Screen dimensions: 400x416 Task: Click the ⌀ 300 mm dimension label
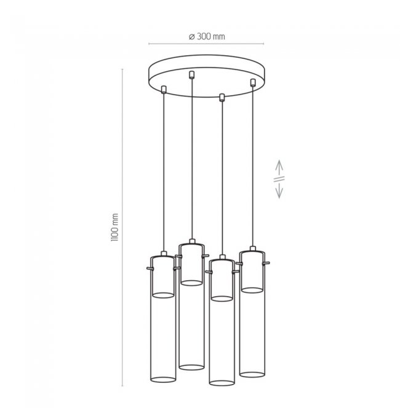click(207, 36)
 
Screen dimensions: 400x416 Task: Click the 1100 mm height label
click(114, 227)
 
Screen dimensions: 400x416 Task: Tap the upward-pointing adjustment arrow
click(279, 168)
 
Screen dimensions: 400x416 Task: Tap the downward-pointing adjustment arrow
click(279, 190)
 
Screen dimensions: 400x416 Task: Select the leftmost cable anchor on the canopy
click(164, 90)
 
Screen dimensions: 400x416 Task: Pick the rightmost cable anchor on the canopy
click(253, 82)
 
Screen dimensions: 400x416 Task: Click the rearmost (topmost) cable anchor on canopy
click(191, 75)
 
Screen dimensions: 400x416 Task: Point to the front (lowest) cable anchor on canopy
click(222, 97)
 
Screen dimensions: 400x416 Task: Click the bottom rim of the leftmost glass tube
click(163, 380)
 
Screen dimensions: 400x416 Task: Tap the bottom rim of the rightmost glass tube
click(252, 374)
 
